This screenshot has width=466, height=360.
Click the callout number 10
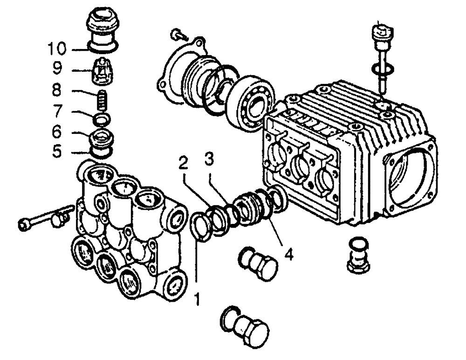pyautogui.click(x=58, y=48)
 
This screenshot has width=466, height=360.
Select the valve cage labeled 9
pyautogui.click(x=102, y=70)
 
